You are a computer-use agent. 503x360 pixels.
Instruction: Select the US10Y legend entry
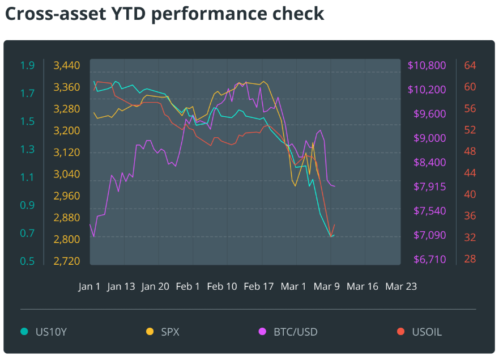coord(51,332)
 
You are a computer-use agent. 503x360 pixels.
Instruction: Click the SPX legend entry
coord(170,332)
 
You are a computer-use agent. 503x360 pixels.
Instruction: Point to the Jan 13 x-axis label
coord(121,286)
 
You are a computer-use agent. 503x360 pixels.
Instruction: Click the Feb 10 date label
coord(222,286)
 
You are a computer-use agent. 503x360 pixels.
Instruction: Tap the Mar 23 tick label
coord(401,286)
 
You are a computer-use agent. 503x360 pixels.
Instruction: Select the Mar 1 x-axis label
coord(293,286)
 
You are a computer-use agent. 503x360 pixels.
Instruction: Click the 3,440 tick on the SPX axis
coord(67,66)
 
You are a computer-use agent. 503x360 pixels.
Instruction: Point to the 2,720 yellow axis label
coord(67,261)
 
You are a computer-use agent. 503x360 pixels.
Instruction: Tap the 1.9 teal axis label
coord(27,66)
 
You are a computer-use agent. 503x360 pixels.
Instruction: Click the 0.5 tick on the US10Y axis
coord(27,261)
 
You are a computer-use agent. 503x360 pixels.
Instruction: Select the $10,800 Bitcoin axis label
coord(427,66)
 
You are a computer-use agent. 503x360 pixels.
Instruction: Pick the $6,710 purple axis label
coord(427,260)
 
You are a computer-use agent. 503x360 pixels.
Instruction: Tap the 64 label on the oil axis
coord(470,66)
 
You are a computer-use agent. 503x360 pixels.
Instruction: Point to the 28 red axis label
coord(470,259)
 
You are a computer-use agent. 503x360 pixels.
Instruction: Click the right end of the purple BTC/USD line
coord(335,186)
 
